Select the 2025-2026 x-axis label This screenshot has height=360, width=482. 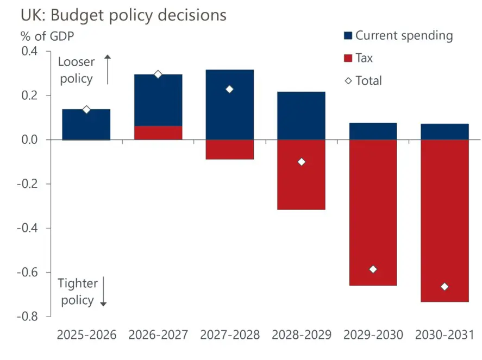pyautogui.click(x=86, y=334)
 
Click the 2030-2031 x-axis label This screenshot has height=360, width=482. pyautogui.click(x=445, y=334)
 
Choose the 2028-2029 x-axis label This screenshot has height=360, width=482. pyautogui.click(x=301, y=334)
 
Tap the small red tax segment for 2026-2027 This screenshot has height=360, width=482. pyautogui.click(x=158, y=133)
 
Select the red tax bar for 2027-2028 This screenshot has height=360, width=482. pyautogui.click(x=230, y=149)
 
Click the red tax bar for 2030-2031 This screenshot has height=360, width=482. pyautogui.click(x=445, y=217)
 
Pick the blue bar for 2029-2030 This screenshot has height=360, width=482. pyautogui.click(x=373, y=131)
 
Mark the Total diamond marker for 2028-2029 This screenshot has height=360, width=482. pyautogui.click(x=302, y=162)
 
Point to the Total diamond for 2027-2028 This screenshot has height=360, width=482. pyautogui.click(x=230, y=89)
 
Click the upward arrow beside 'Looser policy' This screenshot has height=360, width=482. pyautogui.click(x=108, y=69)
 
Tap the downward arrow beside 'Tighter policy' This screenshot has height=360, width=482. pyautogui.click(x=103, y=291)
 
